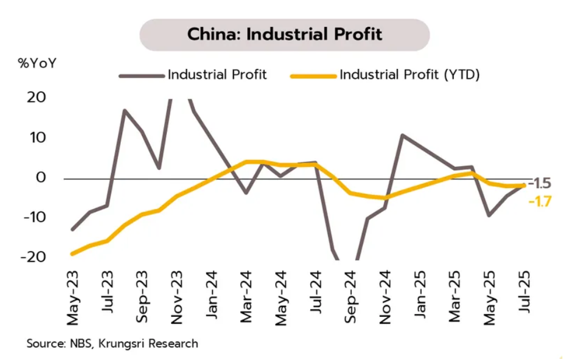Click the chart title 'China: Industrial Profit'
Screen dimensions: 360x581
(284, 34)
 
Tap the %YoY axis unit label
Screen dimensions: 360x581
(37, 64)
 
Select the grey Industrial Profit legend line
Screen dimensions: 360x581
(142, 75)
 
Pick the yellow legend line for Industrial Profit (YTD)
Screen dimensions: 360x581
(313, 75)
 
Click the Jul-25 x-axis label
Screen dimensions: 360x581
(523, 299)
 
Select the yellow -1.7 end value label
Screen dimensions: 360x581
(540, 202)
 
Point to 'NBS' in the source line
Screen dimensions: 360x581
(76, 344)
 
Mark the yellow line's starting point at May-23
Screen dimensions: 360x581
(72, 253)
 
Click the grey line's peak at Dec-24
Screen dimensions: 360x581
(401, 135)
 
